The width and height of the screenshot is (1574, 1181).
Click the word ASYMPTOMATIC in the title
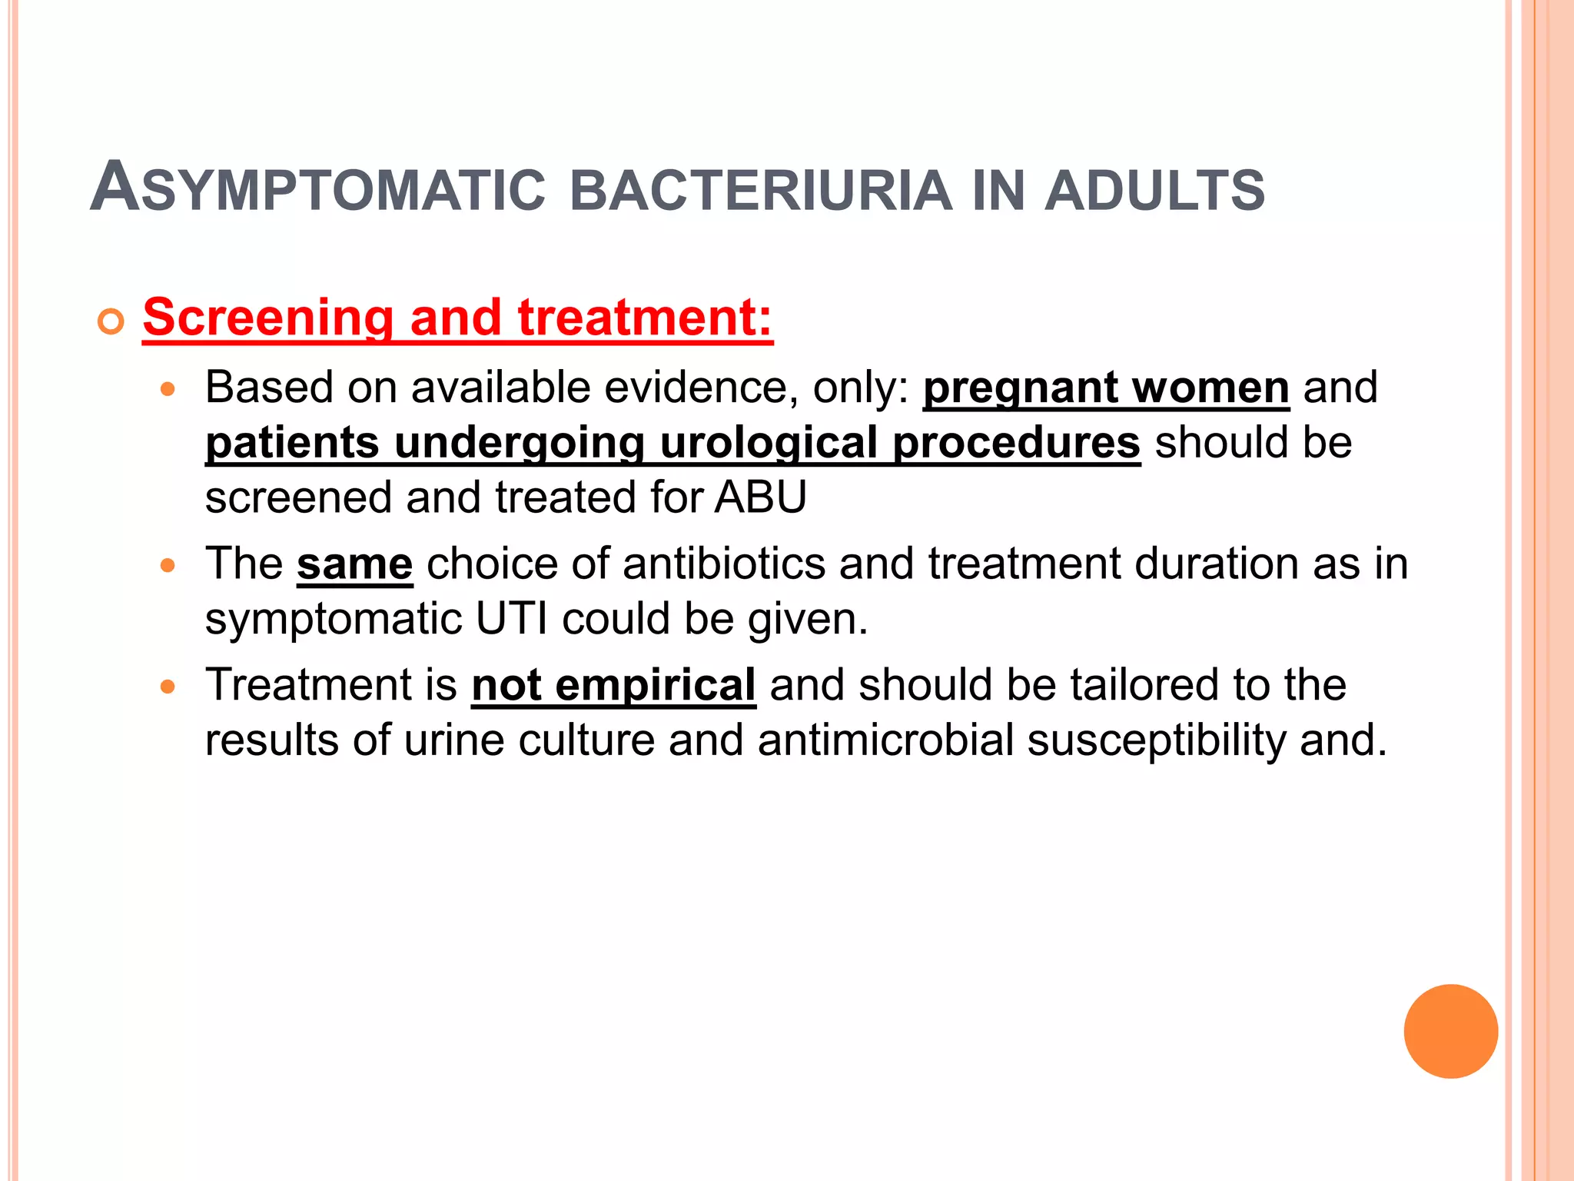tap(317, 188)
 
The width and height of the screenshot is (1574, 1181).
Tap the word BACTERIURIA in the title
tap(761, 190)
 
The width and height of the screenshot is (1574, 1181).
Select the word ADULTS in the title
tap(1154, 190)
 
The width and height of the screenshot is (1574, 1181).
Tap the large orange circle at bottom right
tap(1450, 1031)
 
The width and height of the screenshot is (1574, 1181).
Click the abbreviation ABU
tap(761, 497)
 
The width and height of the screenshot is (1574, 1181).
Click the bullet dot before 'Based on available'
tap(168, 389)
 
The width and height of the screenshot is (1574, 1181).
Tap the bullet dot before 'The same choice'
tap(168, 566)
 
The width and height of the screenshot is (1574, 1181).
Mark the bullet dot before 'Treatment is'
tap(168, 687)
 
